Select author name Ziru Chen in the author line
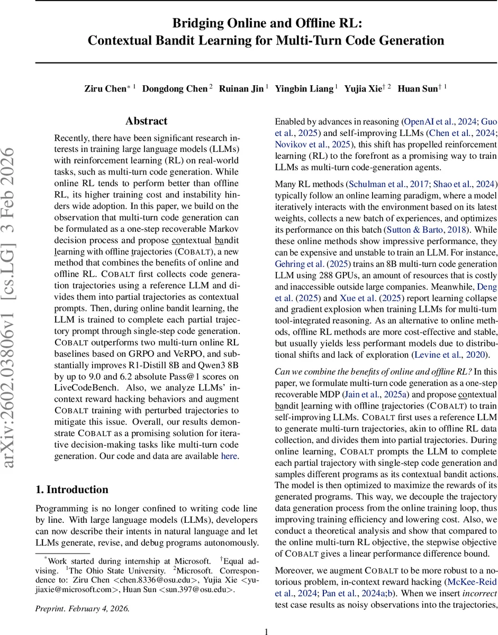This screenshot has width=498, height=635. point(105,88)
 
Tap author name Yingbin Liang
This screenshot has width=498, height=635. point(304,88)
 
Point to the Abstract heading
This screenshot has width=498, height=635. point(147,121)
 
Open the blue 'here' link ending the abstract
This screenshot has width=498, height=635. point(229,456)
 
